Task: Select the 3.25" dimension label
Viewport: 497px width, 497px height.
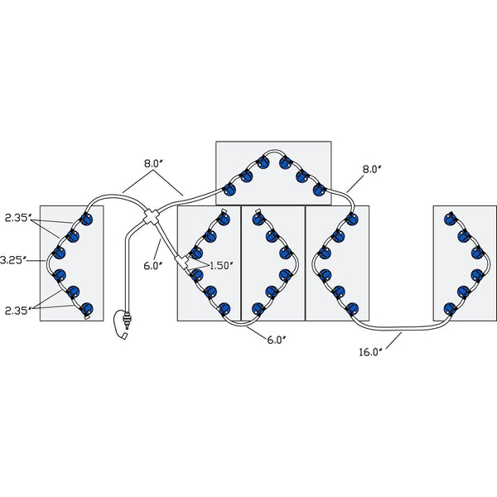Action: pos(12,260)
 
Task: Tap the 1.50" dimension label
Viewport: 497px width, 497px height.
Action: pos(221,266)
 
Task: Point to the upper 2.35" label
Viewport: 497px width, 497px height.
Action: pos(18,218)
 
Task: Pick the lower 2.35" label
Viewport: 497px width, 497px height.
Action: pos(18,311)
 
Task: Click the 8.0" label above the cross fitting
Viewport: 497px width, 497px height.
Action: pos(153,164)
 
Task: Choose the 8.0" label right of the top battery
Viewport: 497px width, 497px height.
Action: pos(371,169)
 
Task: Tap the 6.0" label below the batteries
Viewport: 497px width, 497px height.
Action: pos(277,340)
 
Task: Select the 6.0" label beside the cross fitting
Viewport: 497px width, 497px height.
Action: pos(153,266)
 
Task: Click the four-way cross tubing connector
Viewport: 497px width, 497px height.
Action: pos(152,217)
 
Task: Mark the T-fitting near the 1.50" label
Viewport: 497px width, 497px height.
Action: pos(182,263)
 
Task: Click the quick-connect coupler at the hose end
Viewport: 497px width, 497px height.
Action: pos(128,319)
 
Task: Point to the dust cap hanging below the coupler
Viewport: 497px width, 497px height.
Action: pos(125,335)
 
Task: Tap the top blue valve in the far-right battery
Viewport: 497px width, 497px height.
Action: pos(450,218)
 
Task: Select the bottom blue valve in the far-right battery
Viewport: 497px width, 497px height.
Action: pos(450,308)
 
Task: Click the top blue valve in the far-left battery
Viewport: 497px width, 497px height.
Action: pos(86,218)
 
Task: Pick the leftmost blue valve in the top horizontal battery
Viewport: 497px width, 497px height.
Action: pos(229,190)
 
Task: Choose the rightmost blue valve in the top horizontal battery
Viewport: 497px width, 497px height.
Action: pos(319,190)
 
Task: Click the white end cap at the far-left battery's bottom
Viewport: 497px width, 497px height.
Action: pos(86,316)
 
